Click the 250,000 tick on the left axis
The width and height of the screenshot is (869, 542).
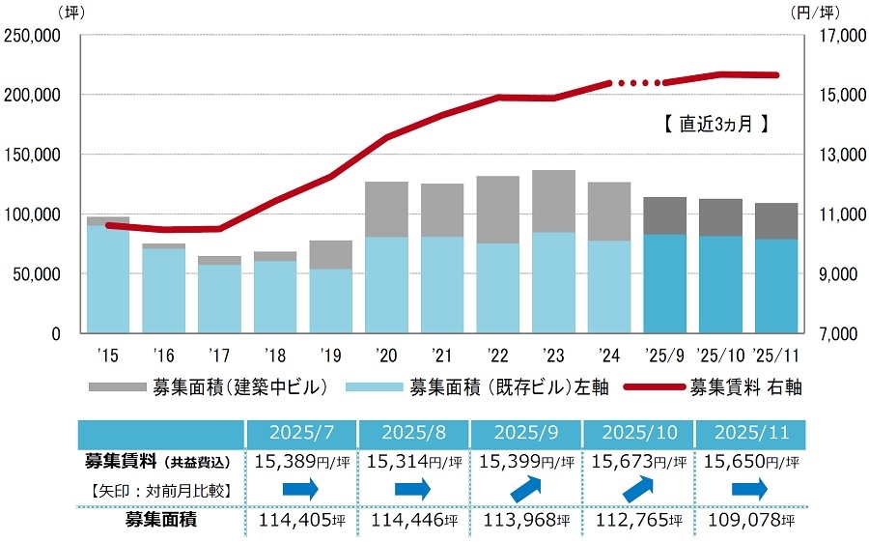pos(35,36)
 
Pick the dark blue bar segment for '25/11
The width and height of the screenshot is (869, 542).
pos(775,286)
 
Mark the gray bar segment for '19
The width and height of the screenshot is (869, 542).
pos(330,254)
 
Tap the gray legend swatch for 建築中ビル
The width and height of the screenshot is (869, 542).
pos(116,387)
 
